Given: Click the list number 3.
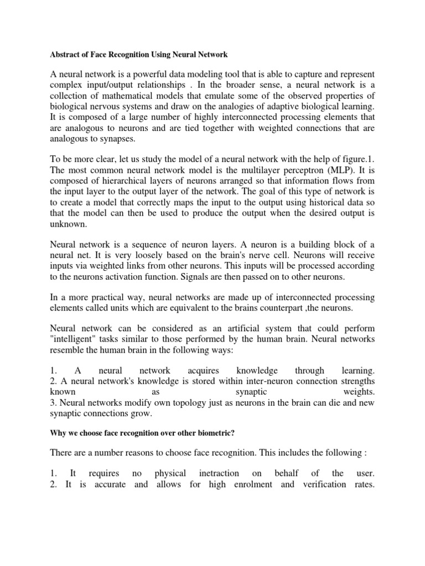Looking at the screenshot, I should [53, 402].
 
